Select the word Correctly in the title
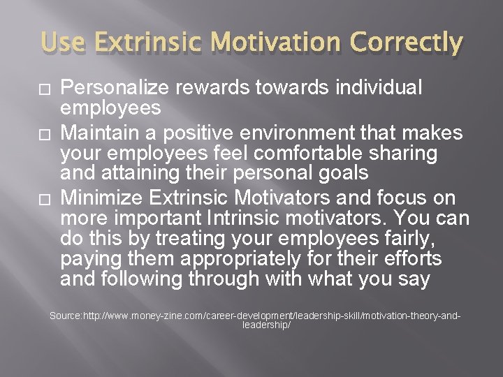[x=406, y=43]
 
